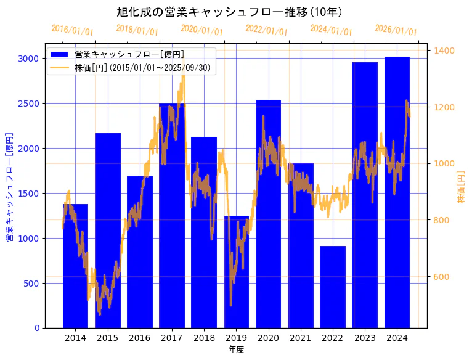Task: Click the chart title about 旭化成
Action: click(229, 12)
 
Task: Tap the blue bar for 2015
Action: click(108, 234)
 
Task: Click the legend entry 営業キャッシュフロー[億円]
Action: click(129, 55)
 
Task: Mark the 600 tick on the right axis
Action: click(442, 277)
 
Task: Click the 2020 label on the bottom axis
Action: click(268, 338)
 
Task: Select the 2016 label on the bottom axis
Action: click(140, 338)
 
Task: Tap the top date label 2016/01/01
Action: click(72, 30)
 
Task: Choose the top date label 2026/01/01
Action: click(396, 30)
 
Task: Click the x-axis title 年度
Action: click(236, 350)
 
